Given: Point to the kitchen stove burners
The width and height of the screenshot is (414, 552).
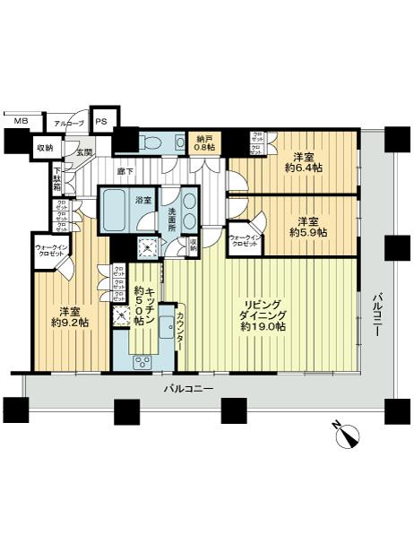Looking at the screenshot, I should pyautogui.click(x=142, y=361).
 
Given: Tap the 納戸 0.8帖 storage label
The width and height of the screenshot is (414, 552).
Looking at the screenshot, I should pyautogui.click(x=205, y=142).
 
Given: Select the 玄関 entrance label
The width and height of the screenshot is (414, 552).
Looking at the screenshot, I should pyautogui.click(x=83, y=152).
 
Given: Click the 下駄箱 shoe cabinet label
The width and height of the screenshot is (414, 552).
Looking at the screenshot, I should pyautogui.click(x=56, y=178).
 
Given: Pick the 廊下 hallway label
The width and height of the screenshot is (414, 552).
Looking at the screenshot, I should pyautogui.click(x=125, y=170).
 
